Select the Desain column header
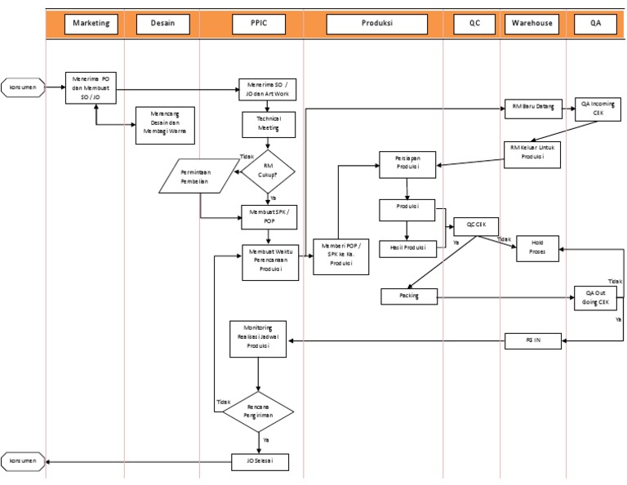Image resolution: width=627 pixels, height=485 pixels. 162,23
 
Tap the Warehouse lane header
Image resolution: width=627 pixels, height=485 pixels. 532,23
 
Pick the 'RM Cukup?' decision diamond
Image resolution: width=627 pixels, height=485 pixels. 268,170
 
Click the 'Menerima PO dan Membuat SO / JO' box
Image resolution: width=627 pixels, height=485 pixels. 91,87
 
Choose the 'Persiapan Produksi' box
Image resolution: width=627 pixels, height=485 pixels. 407,165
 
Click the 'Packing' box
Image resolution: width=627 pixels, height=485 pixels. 409,297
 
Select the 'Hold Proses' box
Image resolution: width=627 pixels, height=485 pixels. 537,248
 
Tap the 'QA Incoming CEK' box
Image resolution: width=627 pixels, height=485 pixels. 597,109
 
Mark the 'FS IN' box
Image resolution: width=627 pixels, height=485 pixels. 533,341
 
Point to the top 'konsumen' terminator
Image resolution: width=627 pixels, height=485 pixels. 22,87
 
